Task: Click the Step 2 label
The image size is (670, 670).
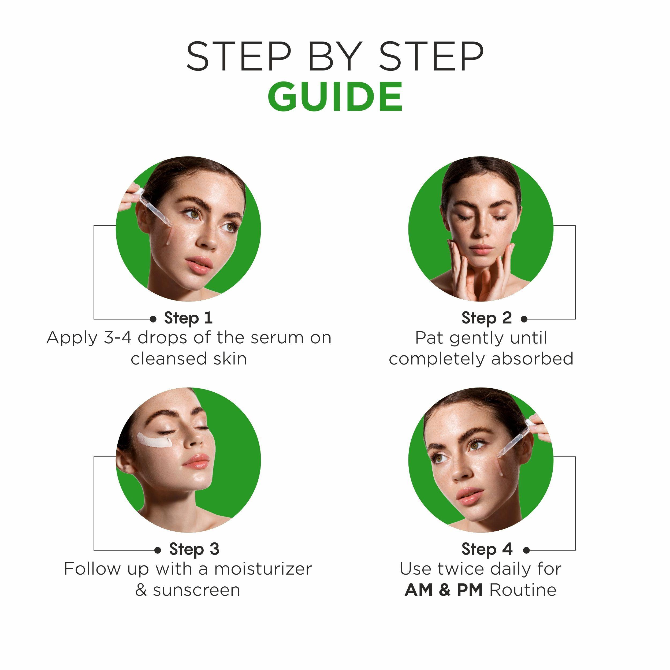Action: click(486, 318)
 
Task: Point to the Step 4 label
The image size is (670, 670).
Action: click(486, 549)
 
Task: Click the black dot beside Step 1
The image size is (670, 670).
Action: click(153, 319)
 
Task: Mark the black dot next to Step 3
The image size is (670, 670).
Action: click(158, 550)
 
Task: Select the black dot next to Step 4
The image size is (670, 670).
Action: click(526, 550)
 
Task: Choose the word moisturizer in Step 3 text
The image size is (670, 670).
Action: click(263, 569)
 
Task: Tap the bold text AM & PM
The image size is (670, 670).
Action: click(444, 590)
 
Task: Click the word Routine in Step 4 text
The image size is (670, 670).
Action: click(523, 590)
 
